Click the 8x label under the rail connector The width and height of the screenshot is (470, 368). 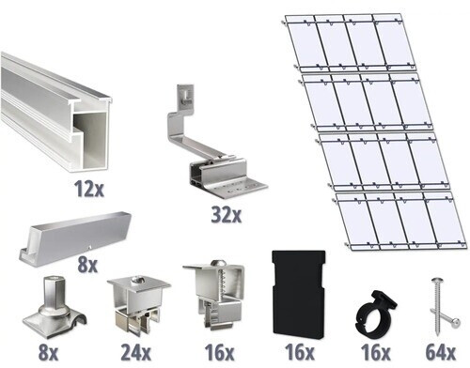pos(86,265)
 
